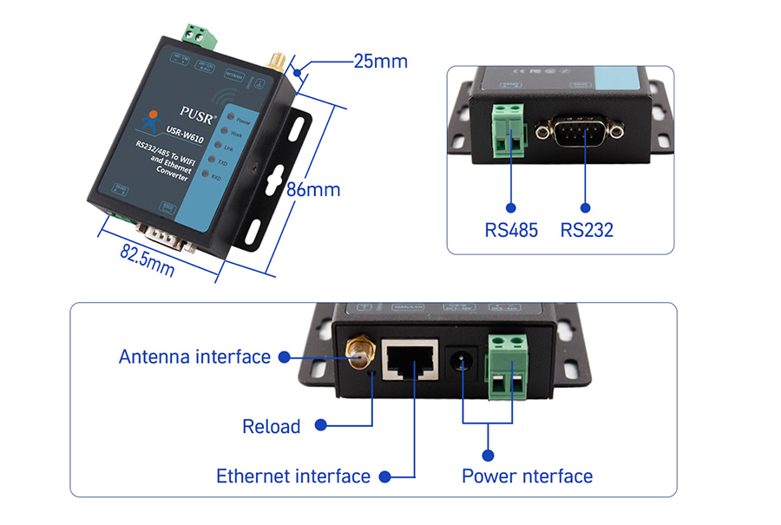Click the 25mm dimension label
point(380,62)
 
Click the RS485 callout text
point(511,230)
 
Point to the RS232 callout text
point(587,230)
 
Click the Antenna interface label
point(195,357)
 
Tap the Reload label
point(272,426)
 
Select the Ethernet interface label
point(293,476)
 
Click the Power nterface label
point(527,476)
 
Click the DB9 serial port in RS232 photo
point(580,130)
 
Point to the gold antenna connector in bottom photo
point(357,355)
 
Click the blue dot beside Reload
point(320,425)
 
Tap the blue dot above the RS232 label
point(585,208)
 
